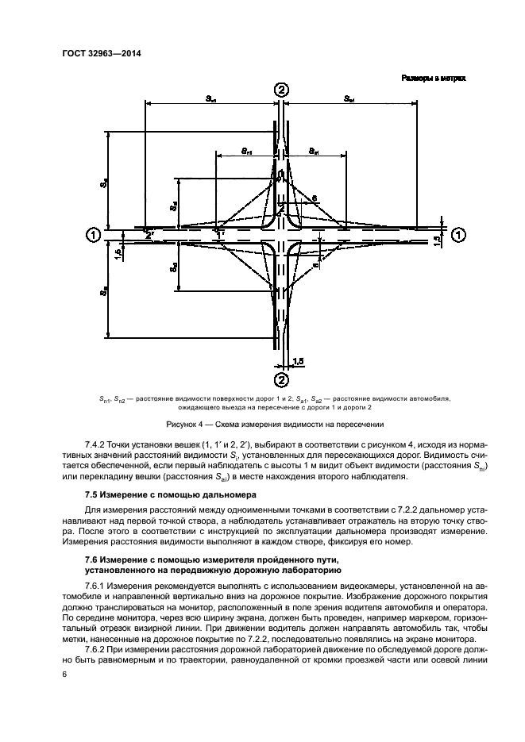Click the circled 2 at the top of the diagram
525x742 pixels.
pyautogui.click(x=280, y=90)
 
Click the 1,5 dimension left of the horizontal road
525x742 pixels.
pyautogui.click(x=118, y=252)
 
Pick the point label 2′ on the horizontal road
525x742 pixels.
pyautogui.click(x=150, y=234)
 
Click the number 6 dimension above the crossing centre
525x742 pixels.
pyautogui.click(x=315, y=198)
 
